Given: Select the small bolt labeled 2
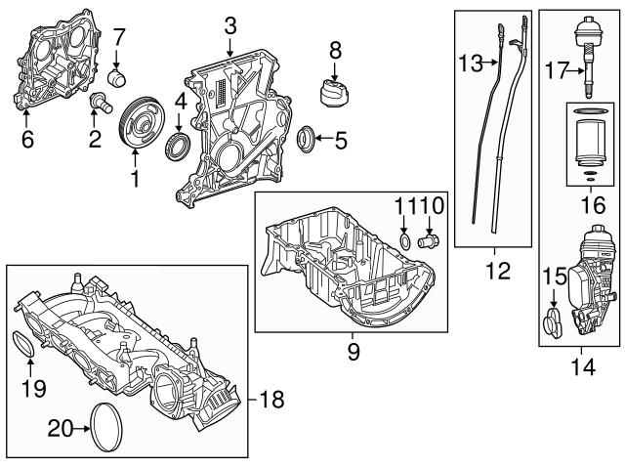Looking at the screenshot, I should click(x=99, y=102).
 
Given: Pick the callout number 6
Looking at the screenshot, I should click(x=26, y=140).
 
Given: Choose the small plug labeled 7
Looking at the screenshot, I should click(x=119, y=75).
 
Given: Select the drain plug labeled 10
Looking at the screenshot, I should click(x=429, y=238).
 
